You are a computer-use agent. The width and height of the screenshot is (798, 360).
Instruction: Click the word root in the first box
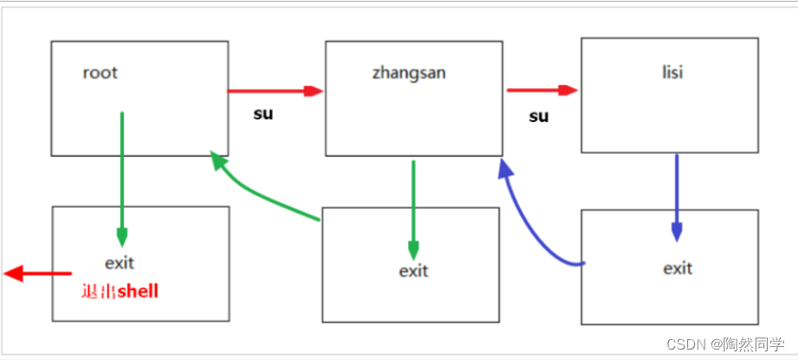[x=100, y=73]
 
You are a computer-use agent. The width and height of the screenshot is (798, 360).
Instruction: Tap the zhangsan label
[x=409, y=73]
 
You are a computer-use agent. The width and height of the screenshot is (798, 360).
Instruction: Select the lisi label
[x=672, y=72]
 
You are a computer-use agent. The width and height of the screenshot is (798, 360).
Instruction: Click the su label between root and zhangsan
[x=263, y=113]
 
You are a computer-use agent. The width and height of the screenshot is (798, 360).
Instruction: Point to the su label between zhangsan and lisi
[x=538, y=116]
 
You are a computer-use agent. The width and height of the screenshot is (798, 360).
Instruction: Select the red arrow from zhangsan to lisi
[x=542, y=89]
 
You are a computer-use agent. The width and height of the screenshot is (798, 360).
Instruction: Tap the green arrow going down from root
[x=122, y=173]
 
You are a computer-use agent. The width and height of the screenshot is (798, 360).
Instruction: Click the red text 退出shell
[x=119, y=292]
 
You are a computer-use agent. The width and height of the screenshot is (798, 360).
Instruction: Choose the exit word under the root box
[x=119, y=262]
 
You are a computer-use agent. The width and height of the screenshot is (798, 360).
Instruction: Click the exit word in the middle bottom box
[x=413, y=271]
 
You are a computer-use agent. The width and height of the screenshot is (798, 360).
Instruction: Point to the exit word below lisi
[x=678, y=268]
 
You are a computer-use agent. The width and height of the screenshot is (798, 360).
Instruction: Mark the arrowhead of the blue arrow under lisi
[x=676, y=232]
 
